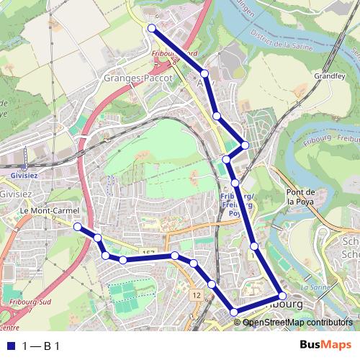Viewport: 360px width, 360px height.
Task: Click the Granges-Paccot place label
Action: tap(135, 78)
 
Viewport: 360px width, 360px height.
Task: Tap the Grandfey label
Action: tap(328, 75)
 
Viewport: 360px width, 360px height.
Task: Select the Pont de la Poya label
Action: tap(301, 197)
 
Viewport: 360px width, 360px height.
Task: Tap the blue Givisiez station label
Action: tap(24, 174)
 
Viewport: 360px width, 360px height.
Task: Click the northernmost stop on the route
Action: tap(152, 28)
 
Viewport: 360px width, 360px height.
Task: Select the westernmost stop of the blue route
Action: tap(77, 226)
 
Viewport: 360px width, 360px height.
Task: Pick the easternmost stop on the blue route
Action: tap(282, 296)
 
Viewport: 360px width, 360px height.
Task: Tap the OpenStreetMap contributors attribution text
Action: tap(297, 323)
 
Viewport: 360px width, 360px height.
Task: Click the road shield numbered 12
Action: tap(197, 295)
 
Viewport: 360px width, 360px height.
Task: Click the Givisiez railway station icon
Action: tap(24, 164)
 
